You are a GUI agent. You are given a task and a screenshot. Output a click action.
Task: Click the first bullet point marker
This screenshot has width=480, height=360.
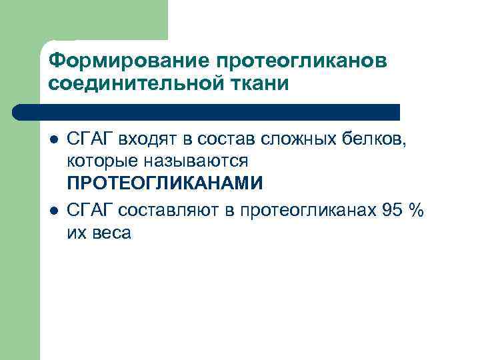tap(53, 139)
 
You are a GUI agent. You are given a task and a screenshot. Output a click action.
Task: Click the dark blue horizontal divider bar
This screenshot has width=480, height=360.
tap(207, 111)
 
